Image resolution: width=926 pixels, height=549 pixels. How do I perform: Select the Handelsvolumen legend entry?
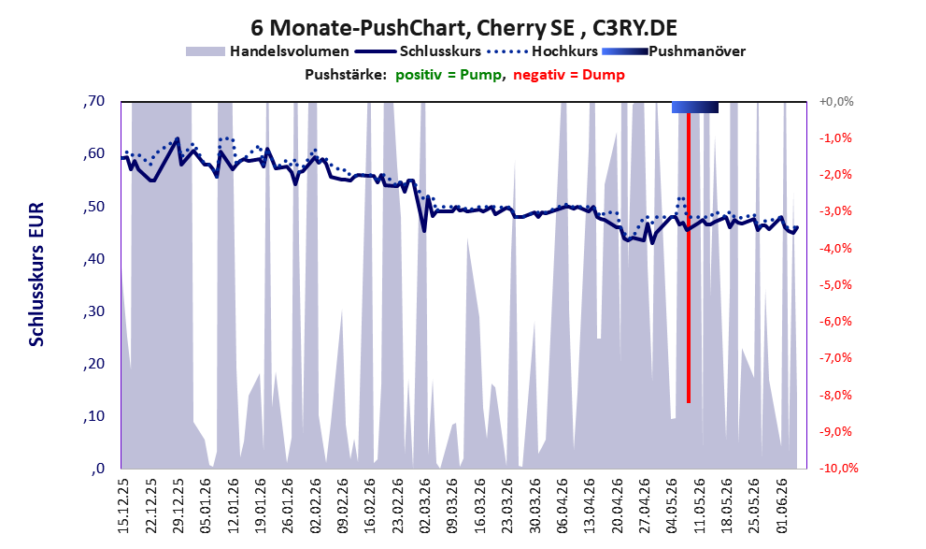[x=267, y=51]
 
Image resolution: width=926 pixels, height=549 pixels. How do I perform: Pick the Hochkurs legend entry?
[x=543, y=51]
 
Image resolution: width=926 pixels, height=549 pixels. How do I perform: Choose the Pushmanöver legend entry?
[x=674, y=51]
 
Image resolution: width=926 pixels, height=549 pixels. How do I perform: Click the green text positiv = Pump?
[x=448, y=75]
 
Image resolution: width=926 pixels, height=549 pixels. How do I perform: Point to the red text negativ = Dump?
[x=569, y=75]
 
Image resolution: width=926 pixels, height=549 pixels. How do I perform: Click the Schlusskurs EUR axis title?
[x=36, y=274]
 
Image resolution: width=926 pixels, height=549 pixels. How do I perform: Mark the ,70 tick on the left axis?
[x=94, y=101]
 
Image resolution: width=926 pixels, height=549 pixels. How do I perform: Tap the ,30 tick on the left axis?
[x=94, y=311]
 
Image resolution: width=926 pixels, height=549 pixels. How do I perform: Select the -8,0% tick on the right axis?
[x=835, y=395]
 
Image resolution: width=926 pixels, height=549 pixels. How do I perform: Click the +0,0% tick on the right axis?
[x=836, y=102]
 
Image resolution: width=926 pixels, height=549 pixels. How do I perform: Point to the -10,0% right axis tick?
[x=838, y=468]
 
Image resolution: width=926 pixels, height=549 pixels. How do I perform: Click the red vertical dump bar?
[x=689, y=257]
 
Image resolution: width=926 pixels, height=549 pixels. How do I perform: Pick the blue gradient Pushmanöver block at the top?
[x=695, y=107]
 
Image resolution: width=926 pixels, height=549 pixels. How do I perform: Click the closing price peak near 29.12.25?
[x=178, y=138]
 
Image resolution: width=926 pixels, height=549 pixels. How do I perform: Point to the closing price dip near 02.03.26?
[x=424, y=230]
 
